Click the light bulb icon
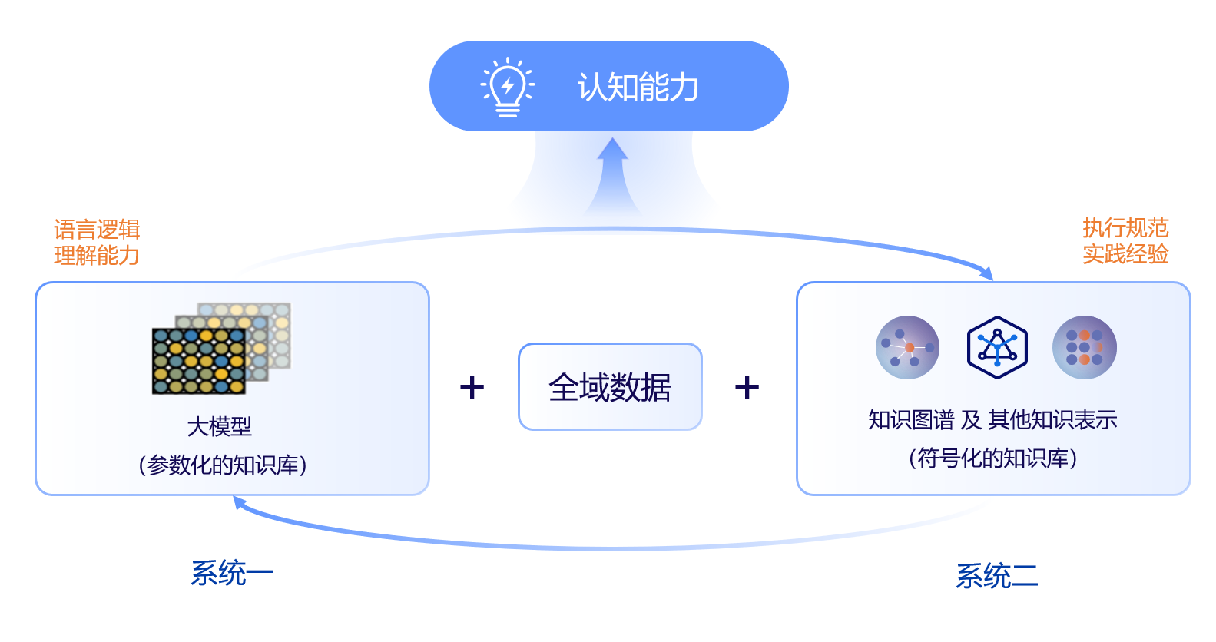pyautogui.click(x=508, y=87)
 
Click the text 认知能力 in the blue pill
pyautogui.click(x=638, y=87)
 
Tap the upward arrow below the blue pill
pyautogui.click(x=612, y=177)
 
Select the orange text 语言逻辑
pyautogui.click(x=97, y=230)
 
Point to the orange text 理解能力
pyautogui.click(x=97, y=255)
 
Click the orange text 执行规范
pyautogui.click(x=1125, y=228)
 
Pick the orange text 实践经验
pyautogui.click(x=1125, y=253)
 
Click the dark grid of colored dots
pyautogui.click(x=199, y=361)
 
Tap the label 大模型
pyautogui.click(x=220, y=426)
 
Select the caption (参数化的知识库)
pyautogui.click(x=223, y=465)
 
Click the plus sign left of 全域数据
pyautogui.click(x=472, y=387)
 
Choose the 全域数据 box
pyautogui.click(x=610, y=386)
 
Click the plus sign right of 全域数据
pyautogui.click(x=747, y=387)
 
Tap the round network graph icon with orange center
pyautogui.click(x=908, y=347)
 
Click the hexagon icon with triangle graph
pyautogui.click(x=997, y=347)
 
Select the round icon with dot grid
pyautogui.click(x=1085, y=347)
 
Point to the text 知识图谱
pyautogui.click(x=911, y=420)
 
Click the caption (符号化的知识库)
pyautogui.click(x=992, y=458)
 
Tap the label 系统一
pyautogui.click(x=232, y=573)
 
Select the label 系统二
pyautogui.click(x=996, y=576)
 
